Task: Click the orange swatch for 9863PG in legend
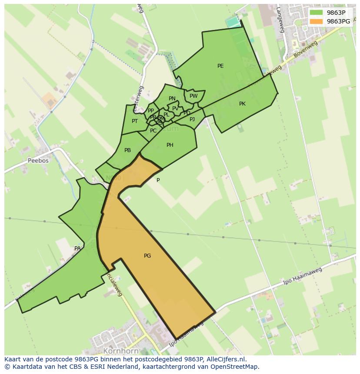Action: [316, 21]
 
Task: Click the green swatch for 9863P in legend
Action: [316, 13]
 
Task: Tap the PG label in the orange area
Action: [147, 256]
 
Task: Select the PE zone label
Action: [220, 66]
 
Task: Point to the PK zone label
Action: [242, 104]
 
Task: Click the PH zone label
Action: [170, 145]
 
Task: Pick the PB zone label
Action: [127, 150]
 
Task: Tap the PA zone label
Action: [77, 248]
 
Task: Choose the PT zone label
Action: [135, 121]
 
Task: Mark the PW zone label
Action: [193, 96]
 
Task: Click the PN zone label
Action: [172, 99]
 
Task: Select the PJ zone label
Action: [192, 119]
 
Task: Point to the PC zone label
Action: [153, 131]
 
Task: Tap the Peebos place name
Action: [38, 160]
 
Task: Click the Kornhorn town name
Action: [121, 351]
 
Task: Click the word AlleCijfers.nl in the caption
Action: [224, 359]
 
